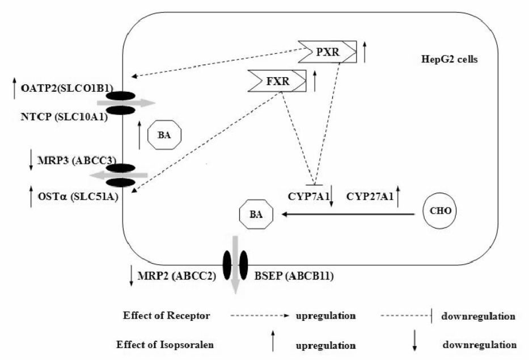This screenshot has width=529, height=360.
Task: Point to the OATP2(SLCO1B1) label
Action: tap(66, 88)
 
